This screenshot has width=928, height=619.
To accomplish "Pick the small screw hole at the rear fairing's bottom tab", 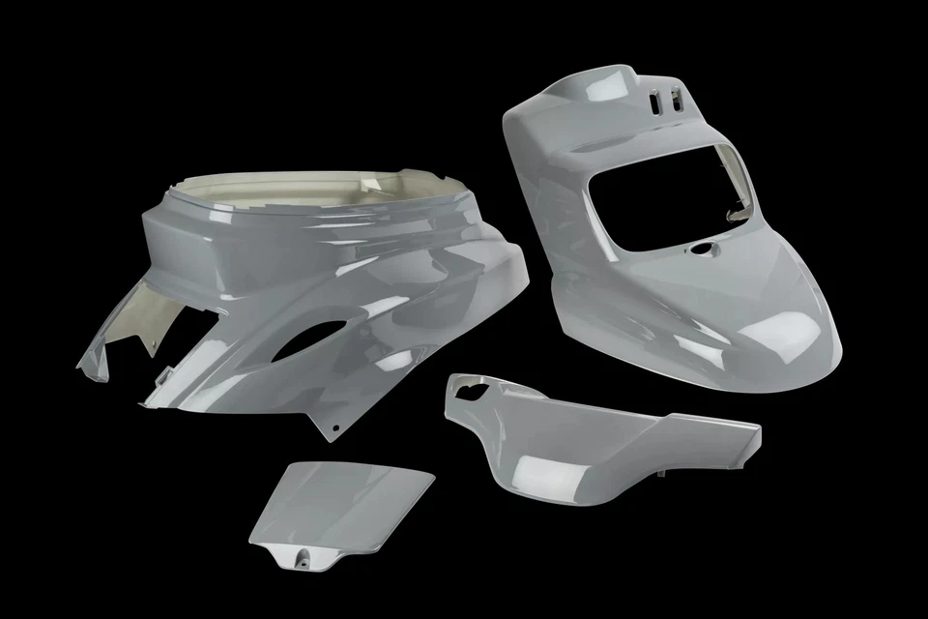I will (x=334, y=426).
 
